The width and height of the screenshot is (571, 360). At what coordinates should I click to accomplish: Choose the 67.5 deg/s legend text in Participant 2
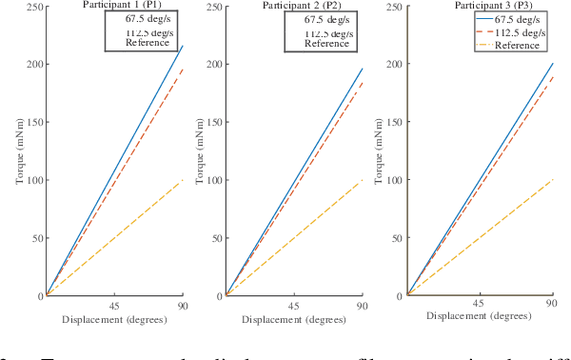(326, 19)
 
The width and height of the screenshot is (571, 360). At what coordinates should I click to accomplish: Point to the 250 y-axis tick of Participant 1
(31, 8)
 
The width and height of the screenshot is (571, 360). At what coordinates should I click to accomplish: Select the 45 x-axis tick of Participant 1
(114, 307)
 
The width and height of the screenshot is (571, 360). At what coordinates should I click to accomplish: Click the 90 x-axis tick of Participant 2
(363, 307)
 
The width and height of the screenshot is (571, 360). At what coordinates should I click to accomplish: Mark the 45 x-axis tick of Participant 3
(480, 307)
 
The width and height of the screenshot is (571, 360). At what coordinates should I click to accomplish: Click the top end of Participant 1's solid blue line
(183, 47)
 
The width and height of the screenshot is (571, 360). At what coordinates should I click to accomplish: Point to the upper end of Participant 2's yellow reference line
(363, 180)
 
